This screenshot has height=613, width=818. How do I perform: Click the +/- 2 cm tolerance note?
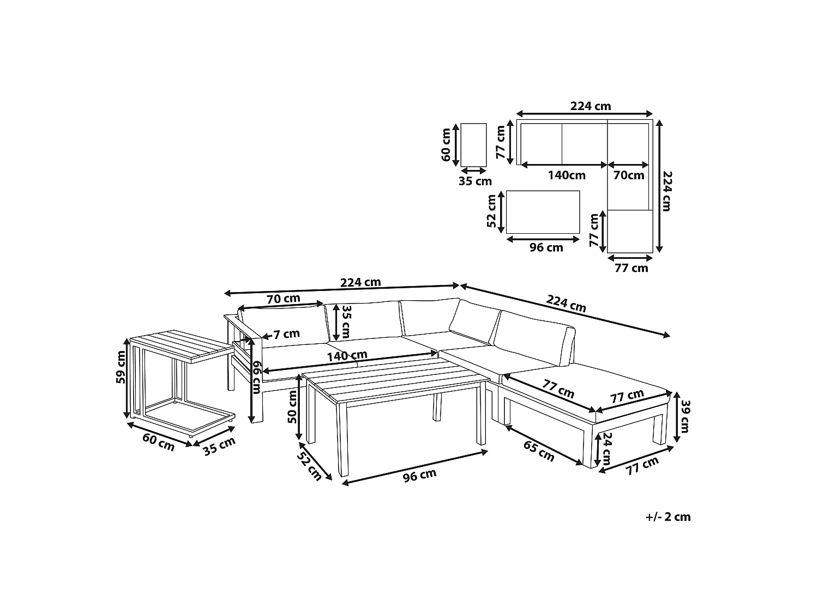click(x=668, y=517)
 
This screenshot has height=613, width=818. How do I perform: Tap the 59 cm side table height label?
click(x=121, y=367)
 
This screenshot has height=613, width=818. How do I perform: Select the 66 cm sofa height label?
click(x=256, y=378)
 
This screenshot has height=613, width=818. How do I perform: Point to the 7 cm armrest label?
click(x=286, y=334)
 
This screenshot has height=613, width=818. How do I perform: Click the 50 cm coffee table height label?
click(x=292, y=406)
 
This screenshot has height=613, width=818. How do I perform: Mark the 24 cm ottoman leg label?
click(x=607, y=448)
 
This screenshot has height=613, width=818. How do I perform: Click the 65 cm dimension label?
click(x=539, y=451)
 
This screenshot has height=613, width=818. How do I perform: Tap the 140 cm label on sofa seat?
click(x=347, y=355)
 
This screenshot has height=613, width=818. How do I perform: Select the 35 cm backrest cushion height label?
click(x=347, y=321)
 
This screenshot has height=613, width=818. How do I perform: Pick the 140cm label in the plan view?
click(x=567, y=175)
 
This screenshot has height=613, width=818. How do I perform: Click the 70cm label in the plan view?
click(x=629, y=175)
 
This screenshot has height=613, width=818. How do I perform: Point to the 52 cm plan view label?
click(x=491, y=211)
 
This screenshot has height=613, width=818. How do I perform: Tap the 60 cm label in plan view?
click(x=446, y=145)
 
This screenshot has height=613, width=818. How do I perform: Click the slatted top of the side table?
click(x=183, y=345)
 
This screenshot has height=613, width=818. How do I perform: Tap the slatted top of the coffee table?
click(x=396, y=380)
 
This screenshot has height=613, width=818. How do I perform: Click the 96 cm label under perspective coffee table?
click(x=419, y=476)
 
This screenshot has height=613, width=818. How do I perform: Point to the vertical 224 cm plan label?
click(x=667, y=191)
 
